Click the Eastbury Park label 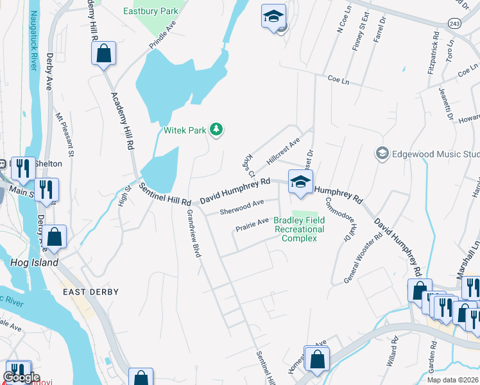pos(151,11)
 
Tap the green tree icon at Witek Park pos(217,130)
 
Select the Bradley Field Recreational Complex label pos(299,229)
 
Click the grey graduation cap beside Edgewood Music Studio pos(382,154)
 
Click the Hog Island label pos(35,262)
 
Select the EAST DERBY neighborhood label pos(90,292)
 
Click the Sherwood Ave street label pos(242,207)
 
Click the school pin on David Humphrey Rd pos(300,182)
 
